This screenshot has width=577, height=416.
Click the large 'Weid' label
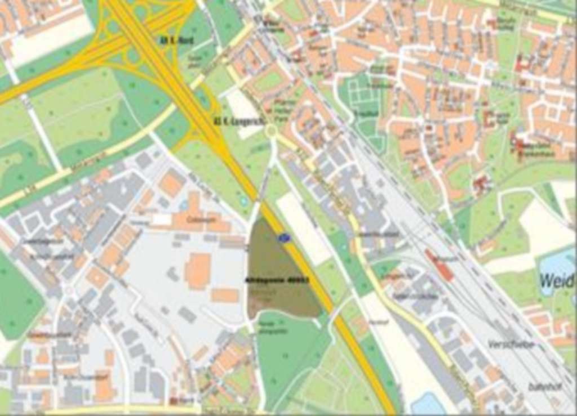click(557, 280)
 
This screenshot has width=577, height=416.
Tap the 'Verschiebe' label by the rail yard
click(511, 344)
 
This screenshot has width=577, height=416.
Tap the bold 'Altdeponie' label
click(277, 279)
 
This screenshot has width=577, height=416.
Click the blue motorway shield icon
click(285, 239)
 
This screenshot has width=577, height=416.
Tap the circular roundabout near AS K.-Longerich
click(272, 132)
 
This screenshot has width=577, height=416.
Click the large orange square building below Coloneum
click(198, 270)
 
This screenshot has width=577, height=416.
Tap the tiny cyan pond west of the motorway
click(243, 200)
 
